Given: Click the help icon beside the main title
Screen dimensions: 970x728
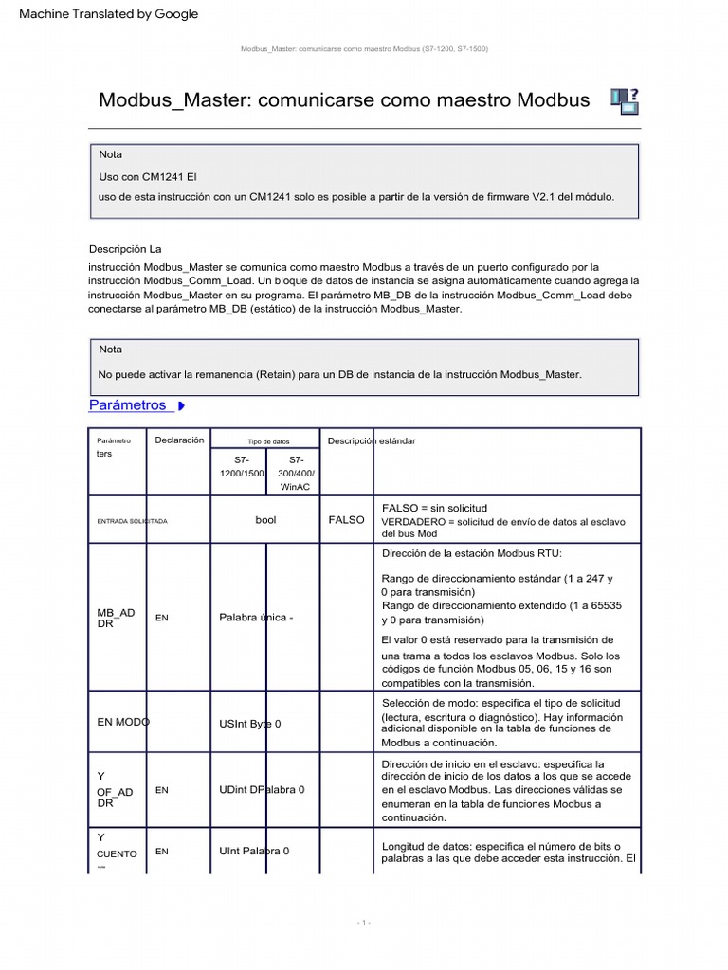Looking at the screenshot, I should pyautogui.click(x=624, y=100).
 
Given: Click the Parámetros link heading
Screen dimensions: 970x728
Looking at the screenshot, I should pyautogui.click(x=128, y=405).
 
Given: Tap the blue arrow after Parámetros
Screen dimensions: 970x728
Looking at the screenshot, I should pyautogui.click(x=180, y=406).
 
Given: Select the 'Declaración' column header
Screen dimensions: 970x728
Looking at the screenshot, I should pyautogui.click(x=179, y=440).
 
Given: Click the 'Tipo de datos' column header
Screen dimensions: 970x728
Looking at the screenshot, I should pyautogui.click(x=268, y=441).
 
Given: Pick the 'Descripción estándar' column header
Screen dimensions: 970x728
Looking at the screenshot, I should pyautogui.click(x=371, y=441).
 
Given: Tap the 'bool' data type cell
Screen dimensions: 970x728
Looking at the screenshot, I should pyautogui.click(x=265, y=520).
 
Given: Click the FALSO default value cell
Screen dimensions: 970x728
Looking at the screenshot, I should pyautogui.click(x=346, y=520).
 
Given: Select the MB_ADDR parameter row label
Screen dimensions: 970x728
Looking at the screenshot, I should pyautogui.click(x=117, y=618).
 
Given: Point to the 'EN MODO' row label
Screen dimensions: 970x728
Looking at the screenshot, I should pyautogui.click(x=123, y=722).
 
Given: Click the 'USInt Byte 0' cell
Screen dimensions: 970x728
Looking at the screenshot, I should pyautogui.click(x=249, y=724).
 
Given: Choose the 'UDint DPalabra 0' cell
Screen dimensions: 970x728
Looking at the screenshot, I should pyautogui.click(x=262, y=789).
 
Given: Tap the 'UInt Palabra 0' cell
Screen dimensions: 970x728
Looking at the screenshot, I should pyautogui.click(x=254, y=851).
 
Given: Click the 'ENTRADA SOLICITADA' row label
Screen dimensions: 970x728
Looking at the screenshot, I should pyautogui.click(x=133, y=521).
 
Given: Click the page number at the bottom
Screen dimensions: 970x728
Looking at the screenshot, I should pyautogui.click(x=364, y=922).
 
